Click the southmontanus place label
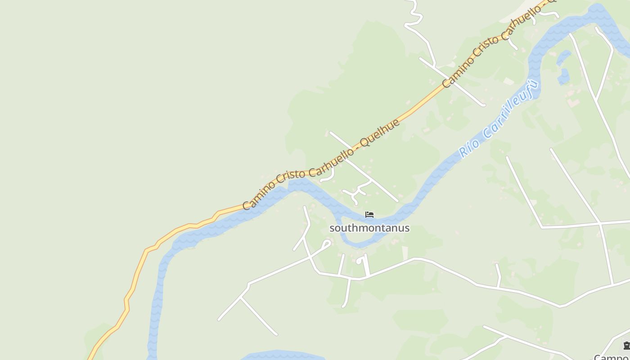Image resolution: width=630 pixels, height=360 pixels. [x=369, y=228]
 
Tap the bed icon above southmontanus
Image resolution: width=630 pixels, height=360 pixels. [x=369, y=215]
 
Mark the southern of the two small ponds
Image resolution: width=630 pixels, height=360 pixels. [x=563, y=76]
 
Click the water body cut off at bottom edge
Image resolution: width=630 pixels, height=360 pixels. [x=283, y=355]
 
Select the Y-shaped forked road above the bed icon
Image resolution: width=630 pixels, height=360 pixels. [x=358, y=192]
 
